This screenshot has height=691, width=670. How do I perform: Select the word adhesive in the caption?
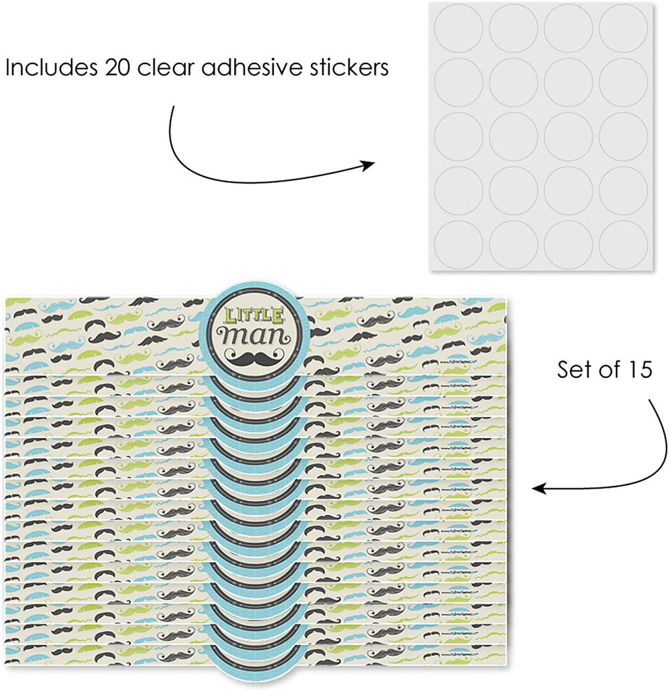(x=250, y=69)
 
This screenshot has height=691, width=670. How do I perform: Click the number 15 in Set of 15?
(x=636, y=371)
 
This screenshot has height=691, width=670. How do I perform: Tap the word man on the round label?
(x=246, y=335)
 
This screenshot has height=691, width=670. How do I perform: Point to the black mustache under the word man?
(x=246, y=357)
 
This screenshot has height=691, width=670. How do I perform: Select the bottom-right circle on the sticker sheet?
(x=623, y=246)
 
